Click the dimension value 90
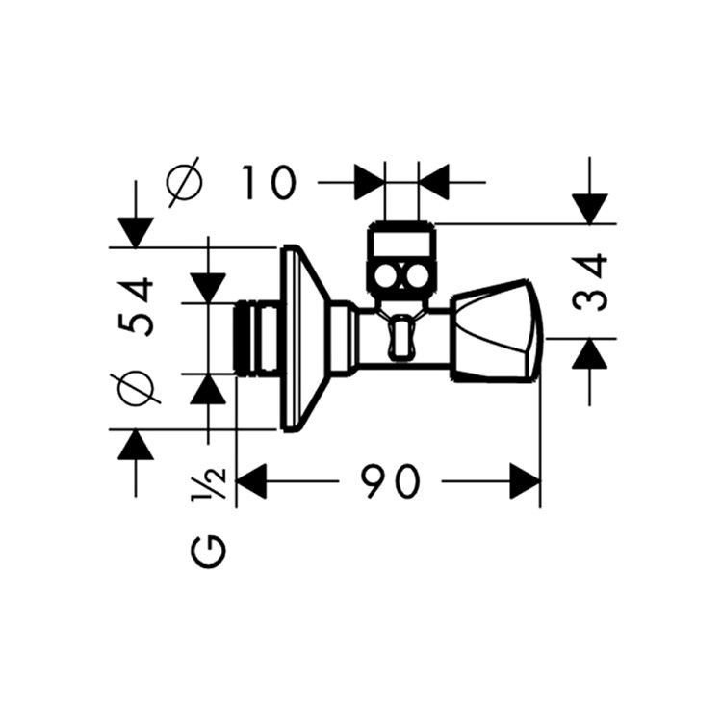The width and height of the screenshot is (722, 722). click(x=390, y=481)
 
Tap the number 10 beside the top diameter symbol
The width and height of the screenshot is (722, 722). click(x=269, y=183)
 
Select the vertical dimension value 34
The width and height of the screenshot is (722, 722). click(x=590, y=281)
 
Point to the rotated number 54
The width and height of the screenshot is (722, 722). click(x=136, y=306)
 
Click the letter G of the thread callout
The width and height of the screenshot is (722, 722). click(x=208, y=552)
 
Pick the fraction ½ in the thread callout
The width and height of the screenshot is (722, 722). click(x=208, y=483)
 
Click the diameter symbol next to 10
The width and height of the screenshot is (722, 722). click(x=184, y=182)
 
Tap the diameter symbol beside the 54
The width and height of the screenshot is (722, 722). click(x=136, y=387)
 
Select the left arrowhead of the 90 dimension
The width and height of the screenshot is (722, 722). click(x=251, y=481)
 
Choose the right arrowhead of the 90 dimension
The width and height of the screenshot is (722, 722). click(x=525, y=481)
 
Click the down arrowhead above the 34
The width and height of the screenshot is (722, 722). click(x=590, y=209)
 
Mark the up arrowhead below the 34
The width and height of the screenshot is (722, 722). click(x=590, y=353)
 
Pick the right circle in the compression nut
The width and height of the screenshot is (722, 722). click(x=417, y=277)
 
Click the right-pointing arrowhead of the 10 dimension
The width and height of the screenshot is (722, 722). click(x=370, y=182)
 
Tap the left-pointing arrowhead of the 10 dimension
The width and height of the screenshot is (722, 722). click(x=434, y=182)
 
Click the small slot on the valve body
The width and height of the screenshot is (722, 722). click(x=401, y=337)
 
